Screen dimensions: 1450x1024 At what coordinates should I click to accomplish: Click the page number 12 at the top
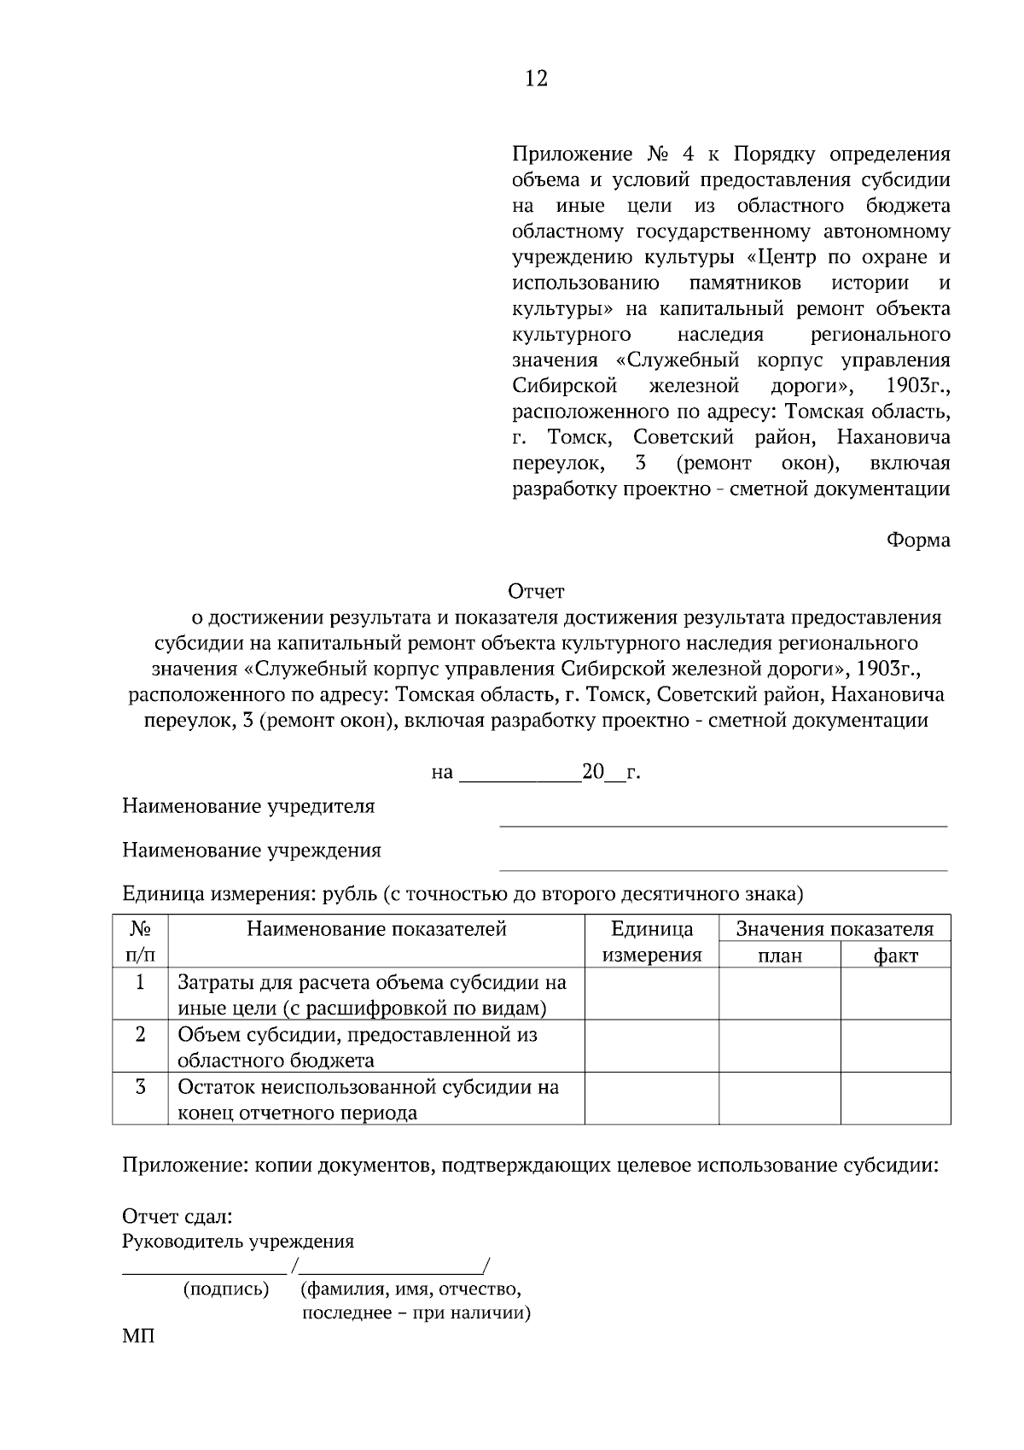[x=536, y=79]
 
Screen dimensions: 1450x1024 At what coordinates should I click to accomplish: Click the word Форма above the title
[x=918, y=541]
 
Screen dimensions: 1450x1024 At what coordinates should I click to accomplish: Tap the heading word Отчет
[x=536, y=591]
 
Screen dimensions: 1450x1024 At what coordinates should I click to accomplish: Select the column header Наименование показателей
[x=376, y=929]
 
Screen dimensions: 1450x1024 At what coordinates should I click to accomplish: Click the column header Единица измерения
[x=652, y=942]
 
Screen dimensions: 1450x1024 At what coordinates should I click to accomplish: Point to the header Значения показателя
[x=835, y=929]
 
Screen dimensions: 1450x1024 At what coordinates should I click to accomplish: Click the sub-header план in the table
[x=780, y=956]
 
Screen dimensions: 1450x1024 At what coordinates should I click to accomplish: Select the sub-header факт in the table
[x=895, y=956]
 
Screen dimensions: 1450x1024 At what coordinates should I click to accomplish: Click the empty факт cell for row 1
[x=895, y=994]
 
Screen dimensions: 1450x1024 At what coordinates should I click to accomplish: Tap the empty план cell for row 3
[x=780, y=1099]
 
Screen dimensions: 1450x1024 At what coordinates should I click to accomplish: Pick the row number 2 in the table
[x=140, y=1035]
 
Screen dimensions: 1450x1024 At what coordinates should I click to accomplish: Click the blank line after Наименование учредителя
[x=723, y=821]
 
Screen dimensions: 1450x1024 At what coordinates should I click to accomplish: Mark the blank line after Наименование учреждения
[x=723, y=866]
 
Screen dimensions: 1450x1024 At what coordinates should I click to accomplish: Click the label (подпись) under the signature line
[x=226, y=1289]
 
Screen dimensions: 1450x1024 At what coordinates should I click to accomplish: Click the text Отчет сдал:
[x=177, y=1217]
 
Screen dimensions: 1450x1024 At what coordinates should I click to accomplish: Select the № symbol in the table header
[x=140, y=929]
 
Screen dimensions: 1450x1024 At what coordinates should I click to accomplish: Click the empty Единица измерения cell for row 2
[x=652, y=1047]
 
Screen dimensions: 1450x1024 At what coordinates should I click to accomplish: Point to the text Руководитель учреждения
[x=238, y=1242]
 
